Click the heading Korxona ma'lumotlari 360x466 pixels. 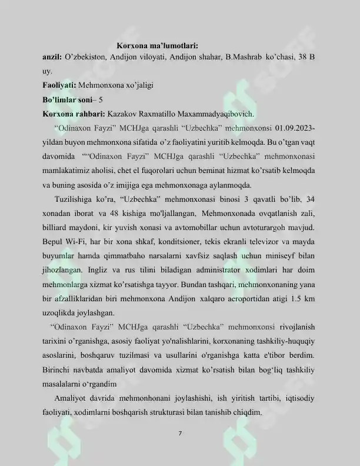[x=157, y=45]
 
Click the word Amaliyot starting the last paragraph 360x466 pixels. [x=71, y=398]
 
